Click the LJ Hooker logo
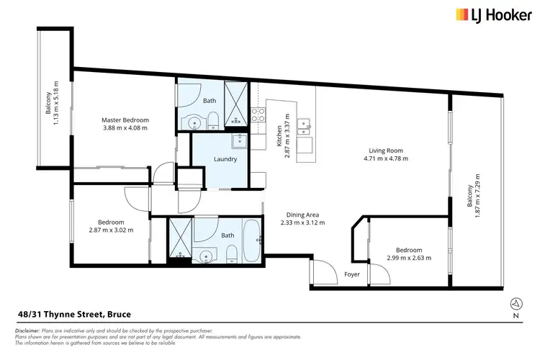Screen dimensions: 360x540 click(x=485, y=14)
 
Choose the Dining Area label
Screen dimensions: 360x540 click(x=302, y=219)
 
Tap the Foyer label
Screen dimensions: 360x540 click(x=352, y=274)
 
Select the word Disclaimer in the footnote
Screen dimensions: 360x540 click(x=27, y=329)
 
